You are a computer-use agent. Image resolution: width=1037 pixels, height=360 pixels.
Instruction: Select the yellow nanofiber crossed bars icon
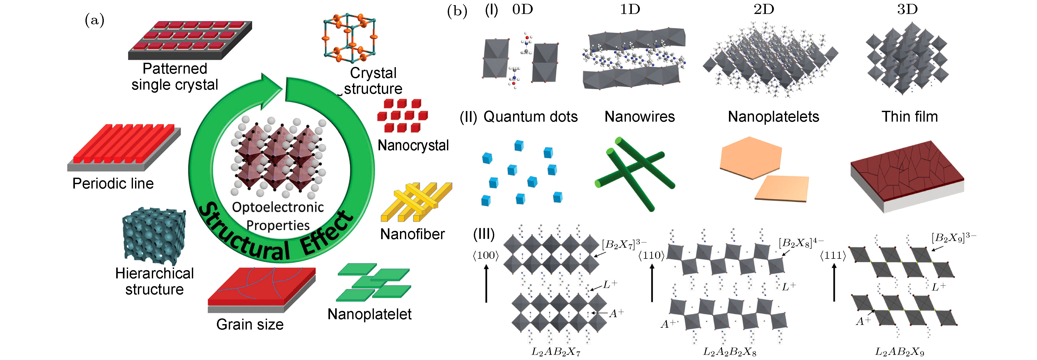coord(417,201)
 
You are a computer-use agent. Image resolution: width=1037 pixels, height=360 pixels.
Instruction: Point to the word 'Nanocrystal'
coord(413,145)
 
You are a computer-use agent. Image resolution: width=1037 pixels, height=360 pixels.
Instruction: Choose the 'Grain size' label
coord(250,324)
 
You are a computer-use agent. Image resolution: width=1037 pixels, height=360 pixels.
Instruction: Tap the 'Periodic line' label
coord(113,184)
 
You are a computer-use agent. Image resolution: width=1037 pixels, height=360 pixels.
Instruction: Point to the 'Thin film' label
coord(909,117)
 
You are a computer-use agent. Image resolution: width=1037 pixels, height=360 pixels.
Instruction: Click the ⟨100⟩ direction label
coord(486,255)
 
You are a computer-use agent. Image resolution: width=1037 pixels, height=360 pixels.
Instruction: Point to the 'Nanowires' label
coord(639,117)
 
